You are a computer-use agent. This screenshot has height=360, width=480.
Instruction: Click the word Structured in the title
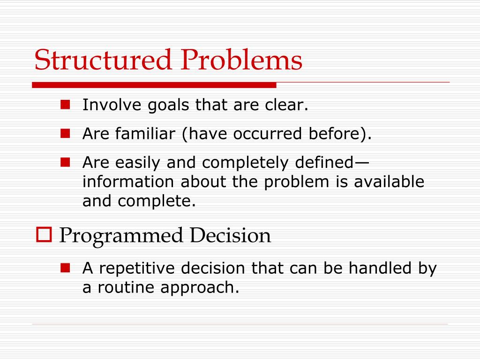click(x=103, y=60)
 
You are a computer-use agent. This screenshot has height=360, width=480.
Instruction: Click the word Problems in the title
click(x=241, y=60)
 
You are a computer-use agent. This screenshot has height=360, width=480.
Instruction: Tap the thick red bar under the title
click(x=154, y=85)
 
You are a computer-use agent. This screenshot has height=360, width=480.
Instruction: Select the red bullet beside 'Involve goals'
click(x=65, y=105)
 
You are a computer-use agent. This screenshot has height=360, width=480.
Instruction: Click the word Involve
click(x=112, y=105)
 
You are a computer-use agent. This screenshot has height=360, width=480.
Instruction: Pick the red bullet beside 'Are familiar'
click(x=65, y=134)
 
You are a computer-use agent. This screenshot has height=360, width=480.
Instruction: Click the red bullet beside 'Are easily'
click(x=65, y=162)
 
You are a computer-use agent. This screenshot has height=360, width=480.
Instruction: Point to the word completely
click(x=245, y=163)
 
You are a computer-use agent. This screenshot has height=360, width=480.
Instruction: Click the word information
click(x=128, y=181)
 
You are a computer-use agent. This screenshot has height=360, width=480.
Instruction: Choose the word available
click(x=389, y=181)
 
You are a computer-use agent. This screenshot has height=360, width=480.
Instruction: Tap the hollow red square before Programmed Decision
click(x=44, y=235)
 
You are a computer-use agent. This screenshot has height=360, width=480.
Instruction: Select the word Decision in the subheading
click(x=230, y=235)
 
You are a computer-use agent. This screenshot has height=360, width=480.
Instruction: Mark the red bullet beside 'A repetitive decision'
click(x=65, y=268)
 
